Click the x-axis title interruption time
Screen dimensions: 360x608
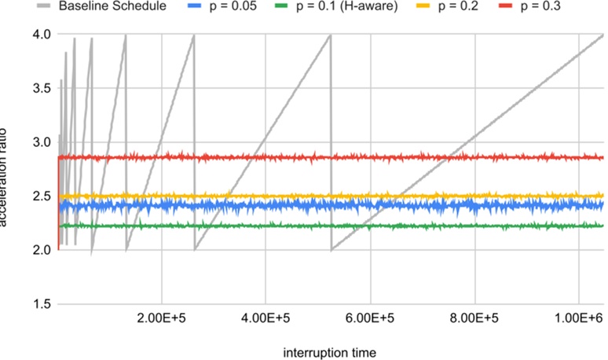(330, 351)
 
